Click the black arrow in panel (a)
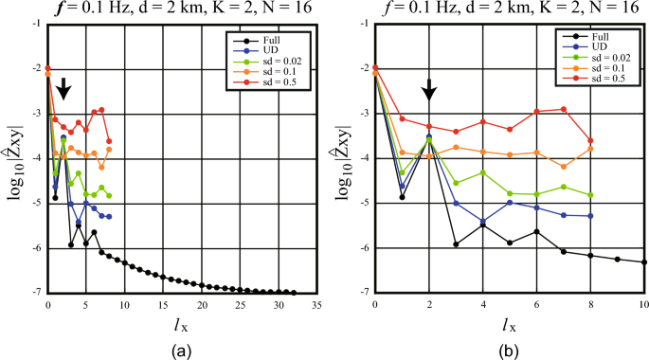pos(63,90)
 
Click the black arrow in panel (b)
pos(429,90)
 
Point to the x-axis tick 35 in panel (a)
pos(317,305)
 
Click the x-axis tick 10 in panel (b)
pos(644,305)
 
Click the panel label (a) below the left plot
pos(181,349)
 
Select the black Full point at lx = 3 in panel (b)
pos(456,244)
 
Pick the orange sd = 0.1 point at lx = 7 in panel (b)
pos(564,167)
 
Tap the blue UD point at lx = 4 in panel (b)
pos(483,222)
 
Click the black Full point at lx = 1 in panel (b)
pos(402,197)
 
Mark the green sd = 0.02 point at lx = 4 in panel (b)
pos(483,172)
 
